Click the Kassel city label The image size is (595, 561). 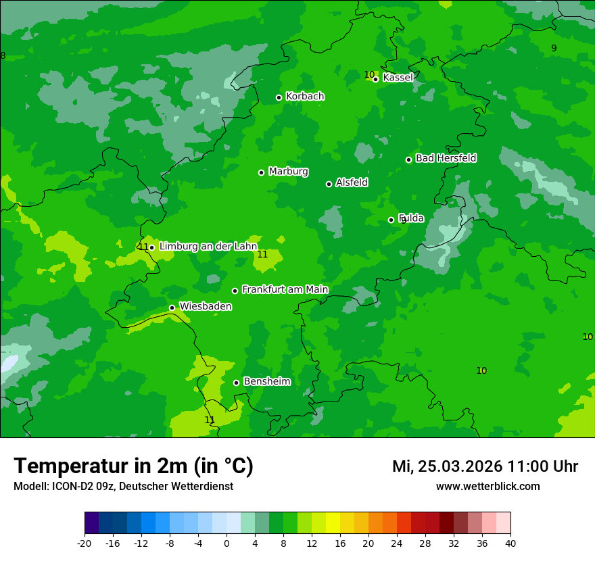(x=398, y=78)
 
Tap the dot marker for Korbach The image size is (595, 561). (x=279, y=97)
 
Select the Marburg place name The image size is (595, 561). (x=288, y=172)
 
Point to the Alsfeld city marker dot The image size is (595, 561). (x=329, y=184)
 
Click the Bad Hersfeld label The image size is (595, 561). (x=446, y=158)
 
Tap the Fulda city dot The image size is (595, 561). (x=391, y=220)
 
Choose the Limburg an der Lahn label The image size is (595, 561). (x=208, y=247)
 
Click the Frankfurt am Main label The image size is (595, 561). (x=285, y=289)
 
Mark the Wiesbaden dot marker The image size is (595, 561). (x=172, y=308)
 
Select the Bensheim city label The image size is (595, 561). (x=266, y=381)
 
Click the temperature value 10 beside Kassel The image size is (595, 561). (x=369, y=74)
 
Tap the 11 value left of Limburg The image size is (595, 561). (x=143, y=247)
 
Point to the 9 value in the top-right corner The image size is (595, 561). (x=554, y=48)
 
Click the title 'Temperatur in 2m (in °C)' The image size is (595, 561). (x=133, y=466)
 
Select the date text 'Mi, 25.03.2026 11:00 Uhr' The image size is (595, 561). (x=485, y=466)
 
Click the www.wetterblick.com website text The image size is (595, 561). (x=487, y=487)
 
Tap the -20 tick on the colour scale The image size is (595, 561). (x=85, y=543)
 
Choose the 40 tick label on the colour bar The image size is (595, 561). (x=510, y=543)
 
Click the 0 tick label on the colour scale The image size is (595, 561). (x=227, y=543)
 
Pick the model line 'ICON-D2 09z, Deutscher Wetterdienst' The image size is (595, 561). (x=123, y=487)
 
